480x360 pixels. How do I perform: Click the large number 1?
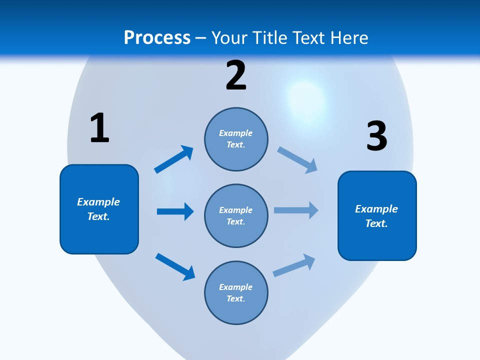coord(99,128)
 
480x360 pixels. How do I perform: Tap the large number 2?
coord(236,75)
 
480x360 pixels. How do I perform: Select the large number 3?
coord(376,136)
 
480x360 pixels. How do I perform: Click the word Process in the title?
coord(157,37)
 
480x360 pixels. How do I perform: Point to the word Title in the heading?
coord(269,37)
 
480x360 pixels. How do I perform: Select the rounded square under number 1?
coord(99,235)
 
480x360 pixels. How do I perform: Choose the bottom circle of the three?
coord(236,310)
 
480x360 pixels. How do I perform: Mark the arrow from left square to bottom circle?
coord(175,266)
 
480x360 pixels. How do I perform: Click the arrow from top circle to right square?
coord(297,159)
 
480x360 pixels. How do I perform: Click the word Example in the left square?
coord(98,202)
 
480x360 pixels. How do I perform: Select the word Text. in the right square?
coord(376,223)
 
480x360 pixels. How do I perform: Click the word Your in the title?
coord(228,37)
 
